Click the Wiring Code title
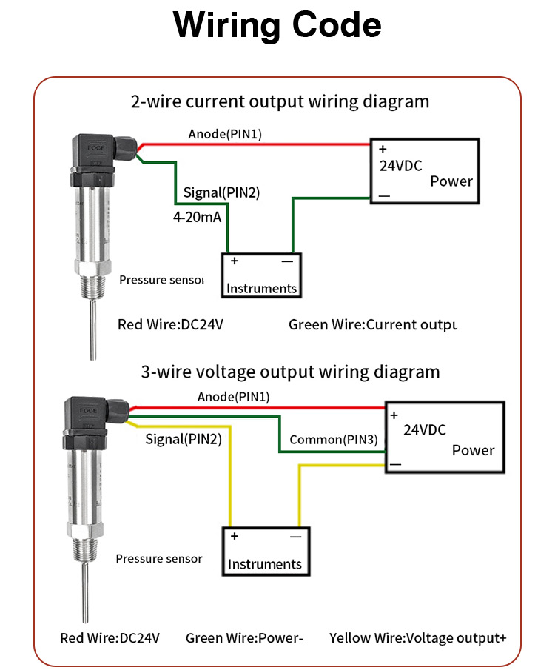click(277, 26)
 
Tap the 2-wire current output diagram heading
click(280, 101)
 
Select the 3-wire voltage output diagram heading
click(290, 371)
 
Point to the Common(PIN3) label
click(333, 440)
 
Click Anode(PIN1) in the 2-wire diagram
click(225, 134)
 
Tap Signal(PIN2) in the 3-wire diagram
click(183, 439)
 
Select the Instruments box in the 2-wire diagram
click(261, 275)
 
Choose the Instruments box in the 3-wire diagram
click(264, 551)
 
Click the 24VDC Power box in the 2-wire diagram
click(425, 172)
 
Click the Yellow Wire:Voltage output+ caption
click(417, 637)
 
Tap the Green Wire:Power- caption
click(244, 637)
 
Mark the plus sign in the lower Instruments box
click(234, 536)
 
